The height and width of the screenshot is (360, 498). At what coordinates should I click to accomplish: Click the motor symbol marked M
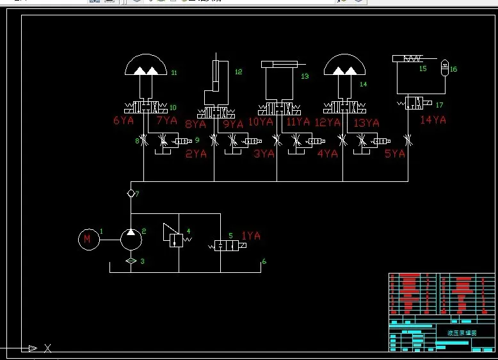[x=87, y=240]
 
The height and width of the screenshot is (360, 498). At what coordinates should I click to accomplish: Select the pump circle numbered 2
[x=131, y=239]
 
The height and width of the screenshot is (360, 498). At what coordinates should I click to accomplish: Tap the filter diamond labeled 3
[x=131, y=261]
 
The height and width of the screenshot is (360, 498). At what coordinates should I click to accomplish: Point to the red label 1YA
[x=251, y=236]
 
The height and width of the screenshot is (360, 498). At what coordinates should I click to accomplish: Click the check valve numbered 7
[x=131, y=193]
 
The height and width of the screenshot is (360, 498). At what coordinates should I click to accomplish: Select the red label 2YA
[x=196, y=154]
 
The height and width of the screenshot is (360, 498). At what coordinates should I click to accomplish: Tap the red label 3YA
[x=264, y=154]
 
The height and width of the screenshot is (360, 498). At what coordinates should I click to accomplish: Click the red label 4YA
[x=328, y=154]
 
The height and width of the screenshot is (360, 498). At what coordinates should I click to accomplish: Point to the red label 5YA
[x=395, y=154]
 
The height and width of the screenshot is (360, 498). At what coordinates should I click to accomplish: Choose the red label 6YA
[x=124, y=120]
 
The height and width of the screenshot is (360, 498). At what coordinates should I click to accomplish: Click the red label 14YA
[x=433, y=120]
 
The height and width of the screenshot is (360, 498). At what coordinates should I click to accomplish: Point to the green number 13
[x=305, y=76]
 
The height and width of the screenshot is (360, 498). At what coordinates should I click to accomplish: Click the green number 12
[x=239, y=72]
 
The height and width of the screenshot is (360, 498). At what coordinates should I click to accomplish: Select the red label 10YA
[x=261, y=122]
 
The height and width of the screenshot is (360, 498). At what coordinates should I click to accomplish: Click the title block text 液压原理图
[x=462, y=333]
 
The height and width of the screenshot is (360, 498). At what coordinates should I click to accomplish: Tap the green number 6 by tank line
[x=264, y=261]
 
